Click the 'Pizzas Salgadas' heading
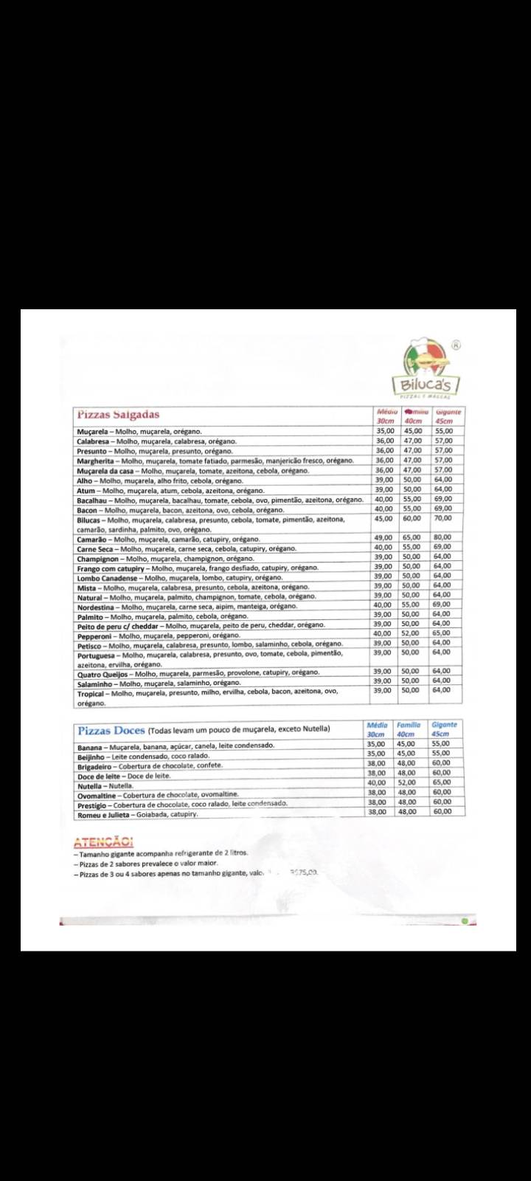[x=119, y=414]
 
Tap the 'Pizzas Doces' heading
[x=111, y=730]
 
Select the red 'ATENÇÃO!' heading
[x=103, y=842]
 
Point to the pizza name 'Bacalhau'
[x=93, y=500]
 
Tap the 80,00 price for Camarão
[x=442, y=537]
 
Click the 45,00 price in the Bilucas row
[x=383, y=518]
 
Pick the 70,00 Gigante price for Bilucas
[x=442, y=518]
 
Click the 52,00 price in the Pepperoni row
[x=410, y=633]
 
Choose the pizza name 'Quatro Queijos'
[x=104, y=673]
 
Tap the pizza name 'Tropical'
[x=91, y=693]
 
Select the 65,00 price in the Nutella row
[x=442, y=782]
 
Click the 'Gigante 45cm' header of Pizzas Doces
[x=445, y=729]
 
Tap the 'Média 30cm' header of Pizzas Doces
[x=377, y=729]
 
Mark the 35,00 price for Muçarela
[x=385, y=431]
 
